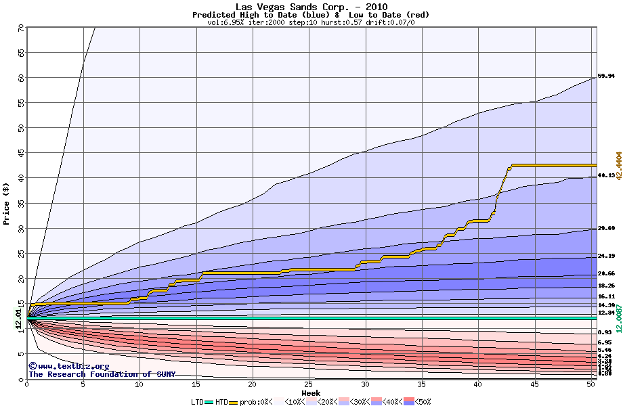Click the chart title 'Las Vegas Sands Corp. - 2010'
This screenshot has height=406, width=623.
pyautogui.click(x=311, y=7)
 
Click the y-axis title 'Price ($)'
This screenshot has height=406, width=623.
pyautogui.click(x=7, y=202)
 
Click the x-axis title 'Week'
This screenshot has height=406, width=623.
pyautogui.click(x=311, y=393)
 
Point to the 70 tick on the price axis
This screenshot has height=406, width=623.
pyautogui.click(x=20, y=28)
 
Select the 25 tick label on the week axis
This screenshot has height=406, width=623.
pyautogui.click(x=309, y=384)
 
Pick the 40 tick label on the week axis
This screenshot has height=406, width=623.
pyautogui.click(x=478, y=384)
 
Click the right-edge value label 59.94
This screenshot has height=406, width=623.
pyautogui.click(x=606, y=76)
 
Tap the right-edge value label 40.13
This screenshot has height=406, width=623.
pyautogui.click(x=606, y=176)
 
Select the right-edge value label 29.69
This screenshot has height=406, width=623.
pyautogui.click(x=606, y=229)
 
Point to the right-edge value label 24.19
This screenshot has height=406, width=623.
pyautogui.click(x=606, y=256)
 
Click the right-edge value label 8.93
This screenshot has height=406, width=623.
pyautogui.click(x=605, y=333)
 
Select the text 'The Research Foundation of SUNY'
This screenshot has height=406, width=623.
pyautogui.click(x=102, y=374)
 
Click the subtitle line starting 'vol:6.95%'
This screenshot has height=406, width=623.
pyautogui.click(x=311, y=22)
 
